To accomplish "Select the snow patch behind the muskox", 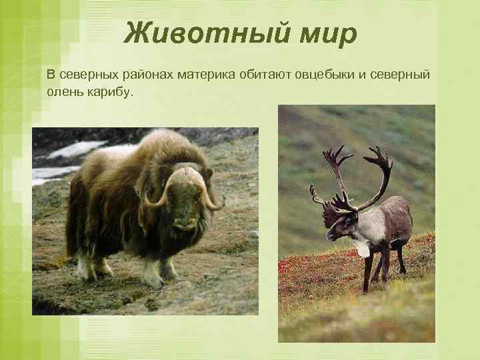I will [x=73, y=150].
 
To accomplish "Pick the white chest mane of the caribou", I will [x=361, y=244].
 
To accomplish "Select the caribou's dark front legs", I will [x=369, y=273].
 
